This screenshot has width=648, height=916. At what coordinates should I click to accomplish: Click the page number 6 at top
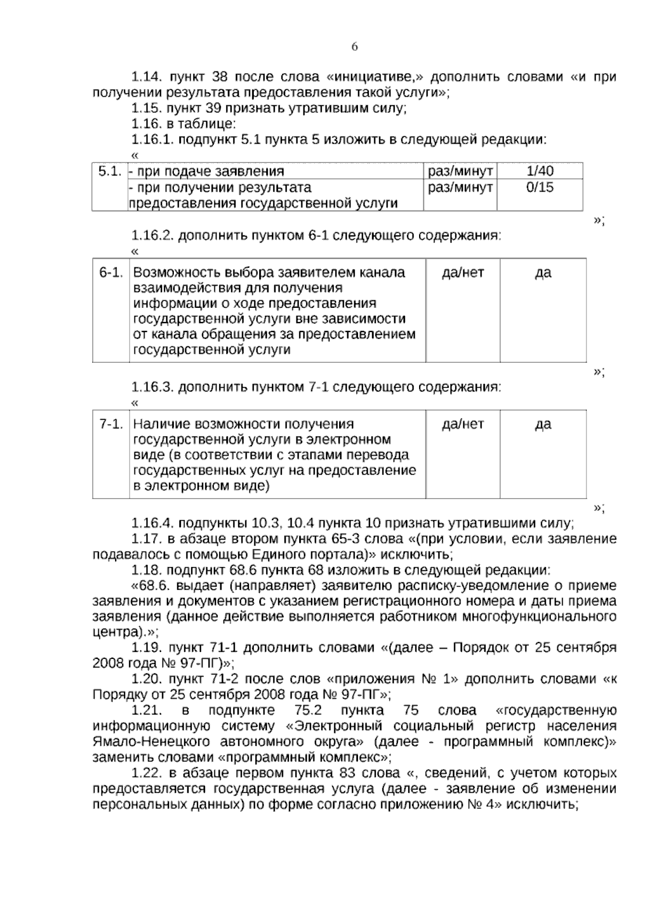pyautogui.click(x=355, y=48)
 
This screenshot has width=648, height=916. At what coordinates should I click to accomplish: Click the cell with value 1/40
pyautogui.click(x=539, y=171)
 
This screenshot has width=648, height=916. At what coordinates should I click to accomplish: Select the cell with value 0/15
pyautogui.click(x=539, y=187)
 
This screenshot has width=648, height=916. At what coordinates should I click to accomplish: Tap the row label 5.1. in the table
pyautogui.click(x=109, y=171)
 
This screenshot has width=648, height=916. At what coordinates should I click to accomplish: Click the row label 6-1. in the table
pyautogui.click(x=111, y=272)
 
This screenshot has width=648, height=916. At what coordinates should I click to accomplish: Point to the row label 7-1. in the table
pyautogui.click(x=111, y=424)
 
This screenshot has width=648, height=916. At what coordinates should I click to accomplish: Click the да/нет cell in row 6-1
pyautogui.click(x=463, y=272)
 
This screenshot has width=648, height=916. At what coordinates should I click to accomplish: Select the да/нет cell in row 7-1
pyautogui.click(x=463, y=424)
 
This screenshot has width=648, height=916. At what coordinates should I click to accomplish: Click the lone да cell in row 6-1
pyautogui.click(x=543, y=272)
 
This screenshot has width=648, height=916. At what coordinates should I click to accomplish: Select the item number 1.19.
pyautogui.click(x=147, y=647)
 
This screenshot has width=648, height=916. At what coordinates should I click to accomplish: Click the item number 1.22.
pyautogui.click(x=147, y=773)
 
